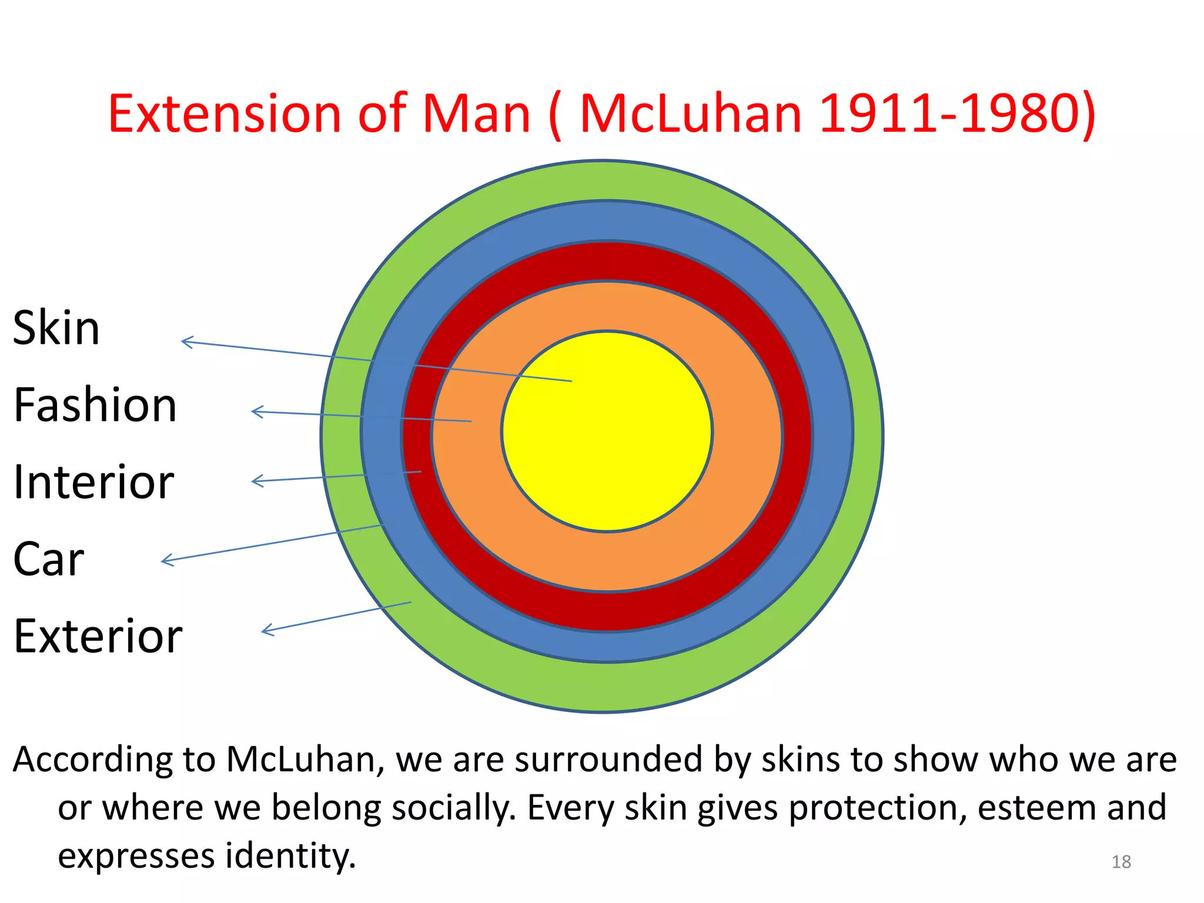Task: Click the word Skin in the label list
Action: [x=56, y=328]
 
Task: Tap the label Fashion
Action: [x=95, y=405]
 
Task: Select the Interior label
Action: [x=94, y=482]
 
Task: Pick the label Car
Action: [x=49, y=559]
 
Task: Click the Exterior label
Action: [x=98, y=636]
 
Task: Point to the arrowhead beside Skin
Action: [x=186, y=342]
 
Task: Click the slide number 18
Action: [x=1121, y=862]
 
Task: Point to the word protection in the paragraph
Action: [x=878, y=808]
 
